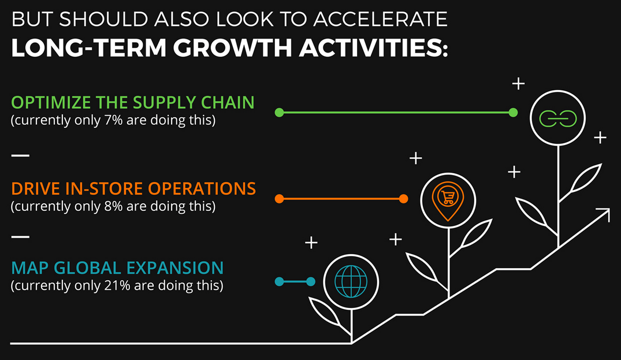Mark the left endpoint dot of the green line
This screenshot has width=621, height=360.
pyautogui.click(x=280, y=113)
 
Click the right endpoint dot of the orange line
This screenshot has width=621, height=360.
pyautogui.click(x=403, y=199)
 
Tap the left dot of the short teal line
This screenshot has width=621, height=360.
pyautogui.click(x=280, y=281)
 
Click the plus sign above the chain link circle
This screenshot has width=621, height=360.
pyautogui.click(x=519, y=84)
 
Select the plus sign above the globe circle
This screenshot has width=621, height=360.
pyautogui.click(x=311, y=242)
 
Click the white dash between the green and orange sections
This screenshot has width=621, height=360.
pyautogui.click(x=20, y=156)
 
